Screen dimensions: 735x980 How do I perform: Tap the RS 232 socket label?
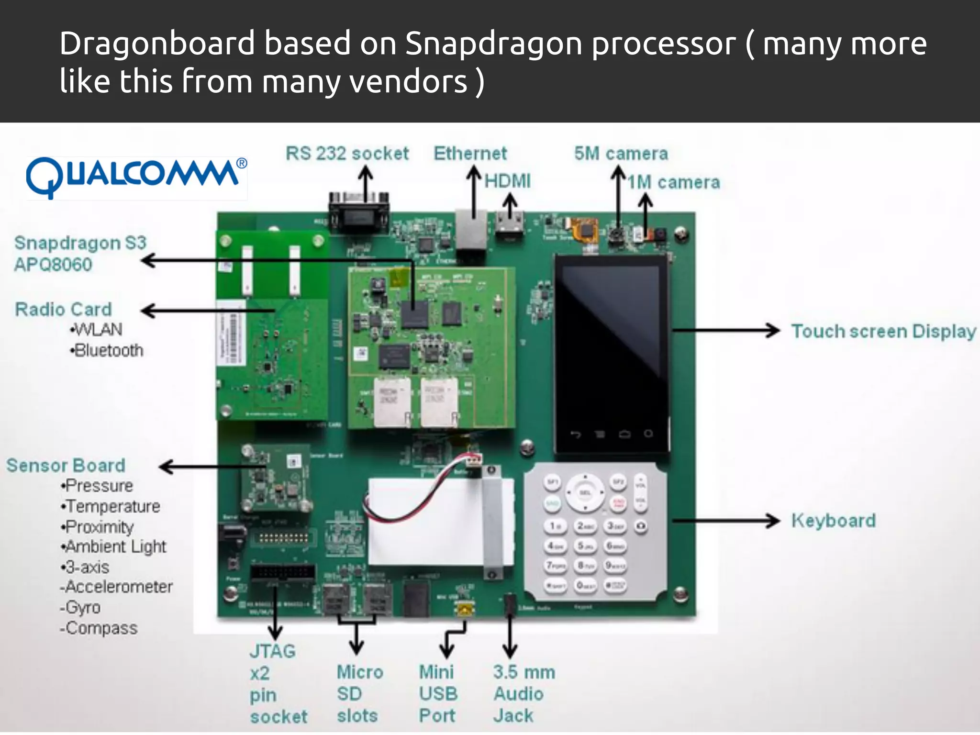pos(347,154)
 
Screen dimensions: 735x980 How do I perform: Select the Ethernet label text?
pos(470,154)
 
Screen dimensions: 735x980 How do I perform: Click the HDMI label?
pos(508,181)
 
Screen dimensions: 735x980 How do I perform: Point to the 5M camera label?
pos(621,154)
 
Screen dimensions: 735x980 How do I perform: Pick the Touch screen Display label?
pos(883,331)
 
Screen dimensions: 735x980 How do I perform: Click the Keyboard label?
pos(833,521)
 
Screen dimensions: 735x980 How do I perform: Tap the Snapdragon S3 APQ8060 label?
pos(80,254)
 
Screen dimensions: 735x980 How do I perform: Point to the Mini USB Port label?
pos(438,694)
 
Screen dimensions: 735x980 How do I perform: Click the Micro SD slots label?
pos(359,694)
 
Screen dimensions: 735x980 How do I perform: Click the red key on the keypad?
pos(618,503)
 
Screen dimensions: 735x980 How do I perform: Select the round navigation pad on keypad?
pos(585,493)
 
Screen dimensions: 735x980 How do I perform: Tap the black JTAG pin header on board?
pos(283,571)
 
